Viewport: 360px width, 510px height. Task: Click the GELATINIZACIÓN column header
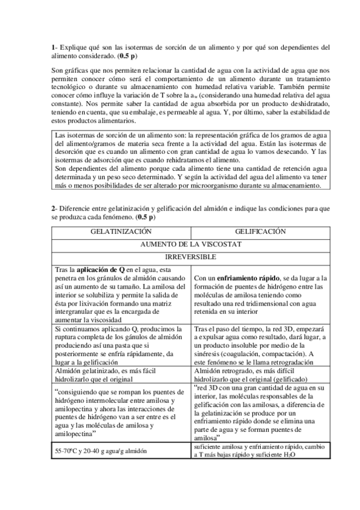pyautogui.click(x=121, y=231)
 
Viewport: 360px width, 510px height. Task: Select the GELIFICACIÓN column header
pyautogui.click(x=260, y=231)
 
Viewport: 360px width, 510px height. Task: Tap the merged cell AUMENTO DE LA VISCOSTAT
pyautogui.click(x=191, y=245)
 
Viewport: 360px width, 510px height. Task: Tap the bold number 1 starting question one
pyautogui.click(x=53, y=47)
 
